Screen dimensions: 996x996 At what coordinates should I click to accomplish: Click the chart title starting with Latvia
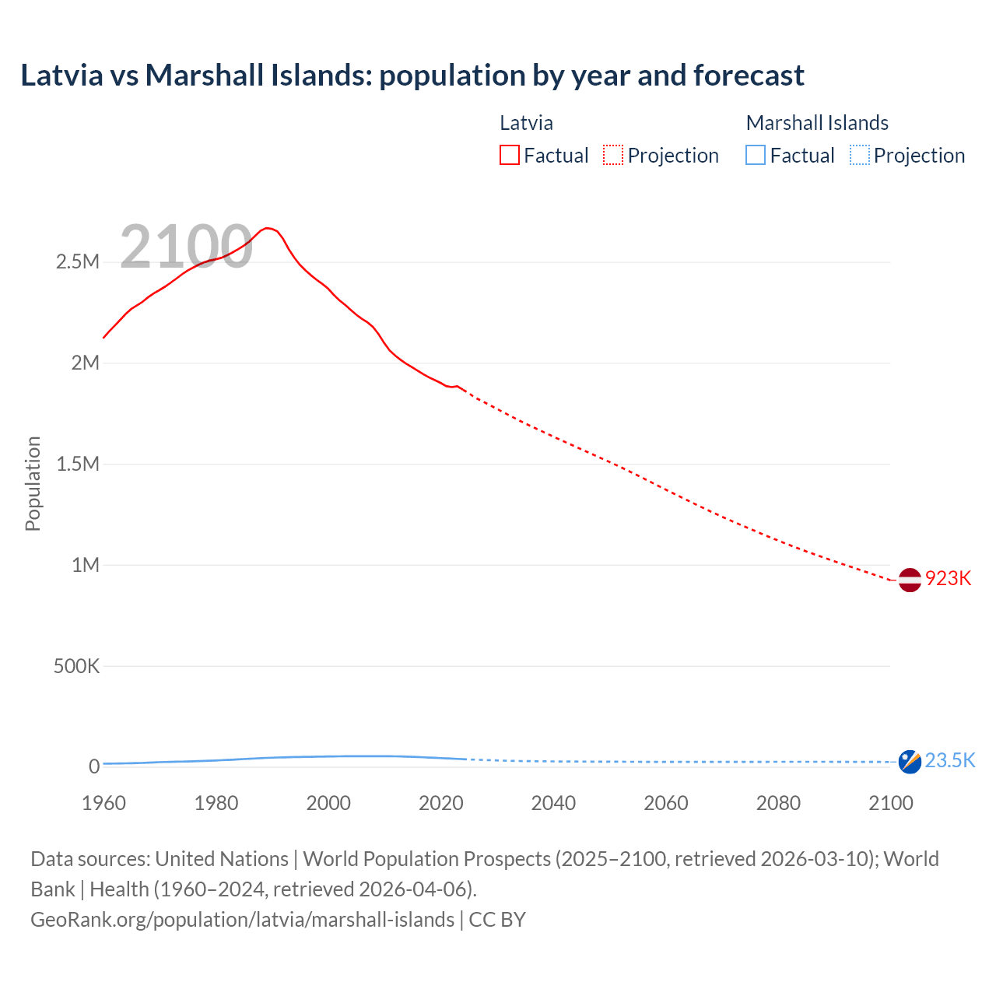coord(412,75)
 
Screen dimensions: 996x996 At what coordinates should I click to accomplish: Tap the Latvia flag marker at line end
coord(910,580)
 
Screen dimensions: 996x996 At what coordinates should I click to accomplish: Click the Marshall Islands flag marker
coord(910,762)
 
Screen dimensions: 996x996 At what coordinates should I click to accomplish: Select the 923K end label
coord(948,579)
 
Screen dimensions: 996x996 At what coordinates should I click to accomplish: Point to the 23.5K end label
coord(950,761)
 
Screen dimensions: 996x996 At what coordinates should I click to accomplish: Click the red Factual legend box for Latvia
coord(510,156)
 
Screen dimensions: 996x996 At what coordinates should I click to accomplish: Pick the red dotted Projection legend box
coord(613,156)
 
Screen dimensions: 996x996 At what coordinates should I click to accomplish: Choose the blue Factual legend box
coord(756,156)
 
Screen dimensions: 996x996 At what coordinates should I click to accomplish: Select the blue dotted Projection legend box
coord(859,156)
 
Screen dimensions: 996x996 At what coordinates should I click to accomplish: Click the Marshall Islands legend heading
coord(817,123)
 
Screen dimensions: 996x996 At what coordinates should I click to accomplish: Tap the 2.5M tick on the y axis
coord(78,262)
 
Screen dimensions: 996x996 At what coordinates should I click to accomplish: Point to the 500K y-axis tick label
coord(76,667)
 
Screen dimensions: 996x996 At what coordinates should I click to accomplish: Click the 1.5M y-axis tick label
coord(78,465)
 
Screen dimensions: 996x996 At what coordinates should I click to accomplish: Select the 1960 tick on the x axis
coord(103,803)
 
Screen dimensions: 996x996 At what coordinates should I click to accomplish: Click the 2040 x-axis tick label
coord(553,803)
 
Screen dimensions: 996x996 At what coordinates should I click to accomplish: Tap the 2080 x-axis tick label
coord(778,803)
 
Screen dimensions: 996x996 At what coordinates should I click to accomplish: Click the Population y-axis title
coord(33,483)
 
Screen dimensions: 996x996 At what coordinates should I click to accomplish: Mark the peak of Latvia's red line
coord(267,228)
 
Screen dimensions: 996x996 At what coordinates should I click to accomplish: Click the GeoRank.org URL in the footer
coord(242,920)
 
